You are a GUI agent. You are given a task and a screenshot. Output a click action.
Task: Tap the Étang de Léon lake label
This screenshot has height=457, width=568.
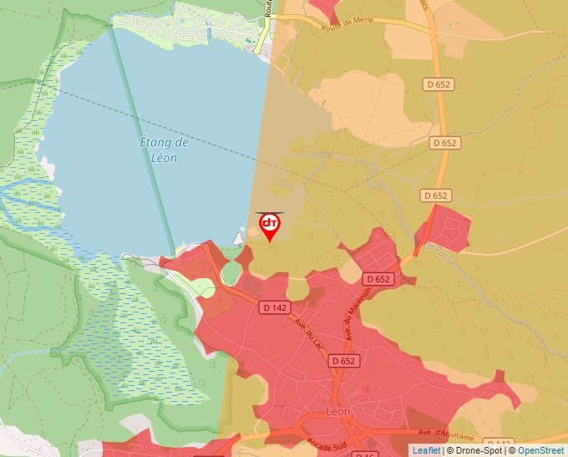coord(164,150)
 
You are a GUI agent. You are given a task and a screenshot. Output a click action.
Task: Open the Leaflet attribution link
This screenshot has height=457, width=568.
coord(426,450)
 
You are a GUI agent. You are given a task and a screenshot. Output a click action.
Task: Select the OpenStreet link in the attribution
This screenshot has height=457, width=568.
coord(540,450)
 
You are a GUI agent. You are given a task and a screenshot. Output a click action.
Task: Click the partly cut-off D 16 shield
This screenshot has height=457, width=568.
coord(366,454)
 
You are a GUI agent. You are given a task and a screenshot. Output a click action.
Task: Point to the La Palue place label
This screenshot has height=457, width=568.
coord(439,254)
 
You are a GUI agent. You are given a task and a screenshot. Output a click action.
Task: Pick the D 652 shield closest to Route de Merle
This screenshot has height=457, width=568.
coord(441,84)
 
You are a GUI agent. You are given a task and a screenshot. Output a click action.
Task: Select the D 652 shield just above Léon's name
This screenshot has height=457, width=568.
coord(343,361)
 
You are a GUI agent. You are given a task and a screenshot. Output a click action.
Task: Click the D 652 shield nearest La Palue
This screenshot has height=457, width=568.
coord(436,195)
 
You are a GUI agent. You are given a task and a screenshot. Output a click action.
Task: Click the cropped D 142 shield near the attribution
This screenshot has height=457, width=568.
coord(499,444)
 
